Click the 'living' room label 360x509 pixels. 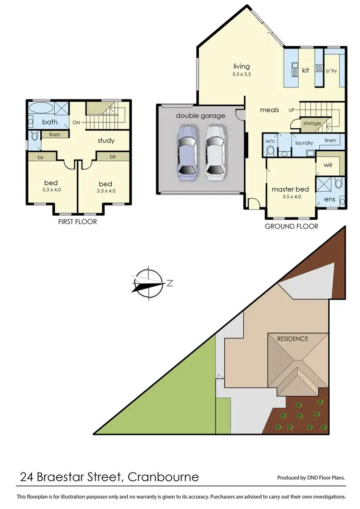click(241, 66)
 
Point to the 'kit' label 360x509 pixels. click(305, 70)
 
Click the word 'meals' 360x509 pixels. click(269, 110)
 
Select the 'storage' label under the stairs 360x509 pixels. click(312, 123)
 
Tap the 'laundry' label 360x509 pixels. click(304, 143)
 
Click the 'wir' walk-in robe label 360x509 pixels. click(328, 165)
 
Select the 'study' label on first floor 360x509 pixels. click(106, 141)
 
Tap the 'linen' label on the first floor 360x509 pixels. click(55, 135)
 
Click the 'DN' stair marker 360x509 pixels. click(76, 122)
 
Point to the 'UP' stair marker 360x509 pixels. click(291, 110)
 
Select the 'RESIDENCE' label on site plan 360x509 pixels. click(293, 339)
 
